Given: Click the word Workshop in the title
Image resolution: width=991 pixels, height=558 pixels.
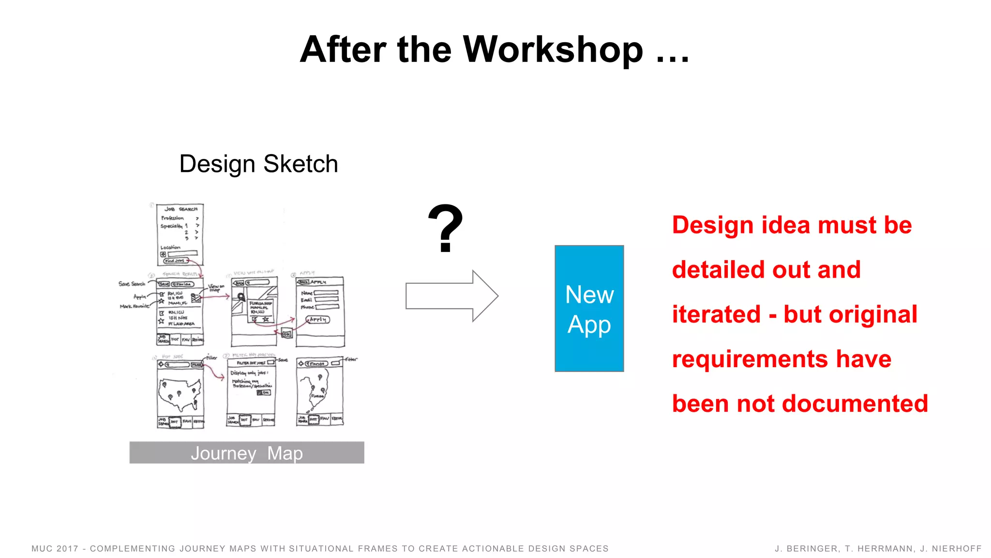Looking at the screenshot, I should click(x=553, y=49).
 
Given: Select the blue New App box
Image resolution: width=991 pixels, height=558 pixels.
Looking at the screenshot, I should click(x=589, y=309).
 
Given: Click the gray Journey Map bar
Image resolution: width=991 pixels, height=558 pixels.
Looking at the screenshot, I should click(x=247, y=452).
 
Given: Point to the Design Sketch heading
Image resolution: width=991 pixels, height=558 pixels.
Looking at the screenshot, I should click(x=258, y=164).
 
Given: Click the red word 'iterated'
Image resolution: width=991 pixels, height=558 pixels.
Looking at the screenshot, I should click(x=716, y=314).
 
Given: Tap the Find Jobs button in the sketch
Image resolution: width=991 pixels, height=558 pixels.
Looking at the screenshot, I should click(x=175, y=261).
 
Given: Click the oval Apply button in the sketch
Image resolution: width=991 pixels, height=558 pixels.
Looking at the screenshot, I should click(x=318, y=319).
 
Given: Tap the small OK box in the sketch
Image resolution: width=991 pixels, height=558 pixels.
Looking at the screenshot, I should click(x=286, y=334).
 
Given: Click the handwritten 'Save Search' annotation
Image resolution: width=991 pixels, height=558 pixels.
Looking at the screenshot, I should click(x=132, y=284).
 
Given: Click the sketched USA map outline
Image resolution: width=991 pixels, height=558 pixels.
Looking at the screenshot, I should click(x=179, y=392).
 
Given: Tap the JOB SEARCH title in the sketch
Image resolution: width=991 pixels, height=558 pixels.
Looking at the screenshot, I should click(x=181, y=209).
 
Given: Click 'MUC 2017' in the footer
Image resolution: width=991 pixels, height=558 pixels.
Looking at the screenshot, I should click(x=55, y=548).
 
